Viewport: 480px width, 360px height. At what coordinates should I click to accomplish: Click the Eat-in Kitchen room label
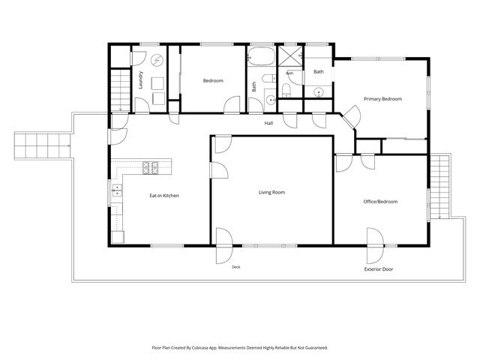point(164,196)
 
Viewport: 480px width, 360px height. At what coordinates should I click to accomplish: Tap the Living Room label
point(271,192)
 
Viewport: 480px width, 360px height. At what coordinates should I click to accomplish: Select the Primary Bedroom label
point(382,99)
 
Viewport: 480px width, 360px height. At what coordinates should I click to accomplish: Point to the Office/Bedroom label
point(380,202)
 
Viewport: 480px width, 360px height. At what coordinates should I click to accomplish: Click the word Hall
point(268,123)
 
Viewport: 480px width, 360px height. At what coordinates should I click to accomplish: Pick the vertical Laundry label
point(140,80)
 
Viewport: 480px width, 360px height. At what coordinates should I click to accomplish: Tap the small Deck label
point(236,267)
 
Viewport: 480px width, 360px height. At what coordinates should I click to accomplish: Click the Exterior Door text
point(379,269)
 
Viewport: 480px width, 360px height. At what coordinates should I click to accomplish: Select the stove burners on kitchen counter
point(150,168)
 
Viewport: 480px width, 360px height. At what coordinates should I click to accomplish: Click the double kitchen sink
point(117,190)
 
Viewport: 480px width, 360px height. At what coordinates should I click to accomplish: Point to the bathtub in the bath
point(261,56)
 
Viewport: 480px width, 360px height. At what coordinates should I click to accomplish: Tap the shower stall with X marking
point(290,55)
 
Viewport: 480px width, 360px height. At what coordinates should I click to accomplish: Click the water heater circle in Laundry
point(157,60)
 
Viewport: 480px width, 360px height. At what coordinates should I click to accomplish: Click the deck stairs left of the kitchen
point(42,145)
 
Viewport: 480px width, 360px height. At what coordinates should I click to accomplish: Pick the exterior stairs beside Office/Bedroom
point(439,187)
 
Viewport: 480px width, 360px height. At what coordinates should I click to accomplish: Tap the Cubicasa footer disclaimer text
point(240,348)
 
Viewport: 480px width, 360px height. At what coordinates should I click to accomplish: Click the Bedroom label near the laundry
point(213,81)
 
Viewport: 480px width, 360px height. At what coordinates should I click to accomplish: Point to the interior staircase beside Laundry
point(120,90)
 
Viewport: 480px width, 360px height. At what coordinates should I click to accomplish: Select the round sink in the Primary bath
point(319,91)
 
